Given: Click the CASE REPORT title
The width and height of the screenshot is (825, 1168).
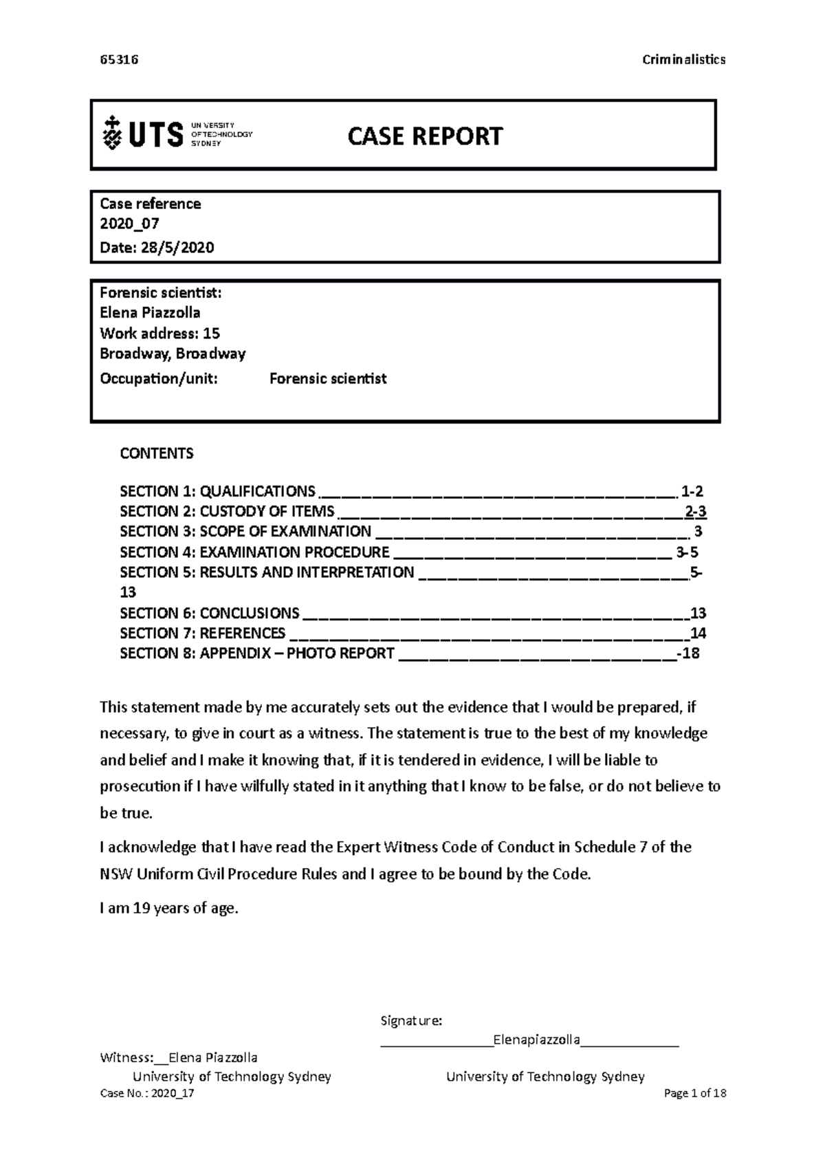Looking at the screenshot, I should (425, 136).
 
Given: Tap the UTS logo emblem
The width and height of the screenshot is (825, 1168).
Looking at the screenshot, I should (111, 133).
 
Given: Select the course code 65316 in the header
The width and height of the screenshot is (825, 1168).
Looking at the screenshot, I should (119, 59).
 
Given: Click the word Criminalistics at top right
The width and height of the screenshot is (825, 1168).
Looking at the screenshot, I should (683, 59).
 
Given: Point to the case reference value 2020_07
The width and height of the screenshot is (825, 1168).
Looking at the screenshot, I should (130, 224).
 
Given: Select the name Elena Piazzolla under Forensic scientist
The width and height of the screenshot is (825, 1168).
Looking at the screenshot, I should (150, 313).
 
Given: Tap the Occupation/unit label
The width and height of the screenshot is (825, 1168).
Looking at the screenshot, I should (159, 378).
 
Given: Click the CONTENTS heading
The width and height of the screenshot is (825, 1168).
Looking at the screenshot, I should (157, 453).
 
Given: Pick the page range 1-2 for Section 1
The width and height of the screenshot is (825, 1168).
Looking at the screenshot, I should (692, 491).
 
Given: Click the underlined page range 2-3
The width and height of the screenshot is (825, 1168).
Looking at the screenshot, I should (696, 511).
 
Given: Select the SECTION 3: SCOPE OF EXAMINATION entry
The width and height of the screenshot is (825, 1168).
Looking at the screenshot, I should (245, 531).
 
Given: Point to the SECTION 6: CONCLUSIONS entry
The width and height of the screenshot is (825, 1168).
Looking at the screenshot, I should (210, 613).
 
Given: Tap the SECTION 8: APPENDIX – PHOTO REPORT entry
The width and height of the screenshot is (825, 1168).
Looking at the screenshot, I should (257, 653).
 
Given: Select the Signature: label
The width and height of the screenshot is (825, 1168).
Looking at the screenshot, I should (411, 1020).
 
